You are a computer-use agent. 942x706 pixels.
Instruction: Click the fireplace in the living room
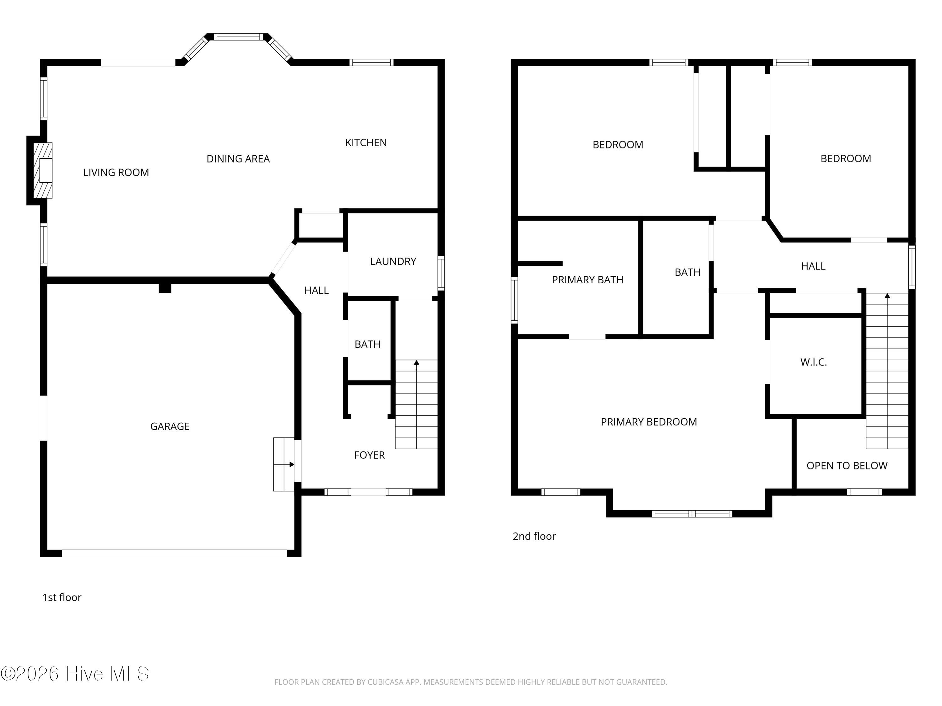click(x=43, y=170)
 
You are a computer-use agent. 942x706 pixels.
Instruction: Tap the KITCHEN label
click(x=366, y=142)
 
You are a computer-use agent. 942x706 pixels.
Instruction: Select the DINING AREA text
click(x=238, y=159)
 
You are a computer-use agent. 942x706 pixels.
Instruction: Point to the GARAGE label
click(x=170, y=426)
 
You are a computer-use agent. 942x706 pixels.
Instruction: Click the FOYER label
click(x=369, y=455)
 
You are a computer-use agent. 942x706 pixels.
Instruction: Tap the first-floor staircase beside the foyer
click(x=416, y=404)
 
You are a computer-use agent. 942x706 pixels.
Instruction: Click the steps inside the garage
click(x=284, y=464)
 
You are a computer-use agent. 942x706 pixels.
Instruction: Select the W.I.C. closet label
click(x=813, y=362)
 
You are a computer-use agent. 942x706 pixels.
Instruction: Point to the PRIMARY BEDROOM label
click(x=649, y=422)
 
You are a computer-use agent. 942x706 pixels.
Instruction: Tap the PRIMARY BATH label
click(x=587, y=280)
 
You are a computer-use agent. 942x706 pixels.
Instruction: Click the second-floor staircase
click(x=887, y=371)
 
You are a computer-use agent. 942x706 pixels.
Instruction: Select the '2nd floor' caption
click(x=534, y=536)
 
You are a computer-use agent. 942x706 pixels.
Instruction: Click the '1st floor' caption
click(x=62, y=597)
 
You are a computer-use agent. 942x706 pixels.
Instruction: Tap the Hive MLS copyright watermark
click(x=75, y=674)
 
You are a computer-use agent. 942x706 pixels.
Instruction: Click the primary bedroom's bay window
click(x=692, y=514)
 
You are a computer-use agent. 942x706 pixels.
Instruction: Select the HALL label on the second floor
click(x=813, y=266)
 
